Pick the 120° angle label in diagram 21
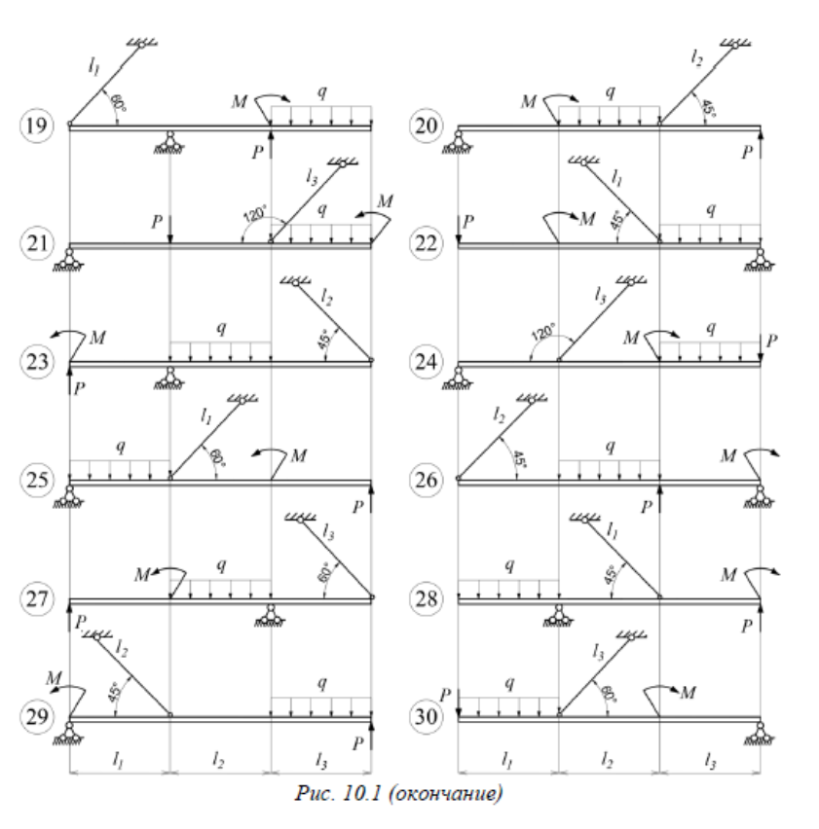click(x=254, y=216)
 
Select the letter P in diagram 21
click(x=156, y=220)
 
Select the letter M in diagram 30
click(x=688, y=692)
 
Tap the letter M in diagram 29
click(x=54, y=673)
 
